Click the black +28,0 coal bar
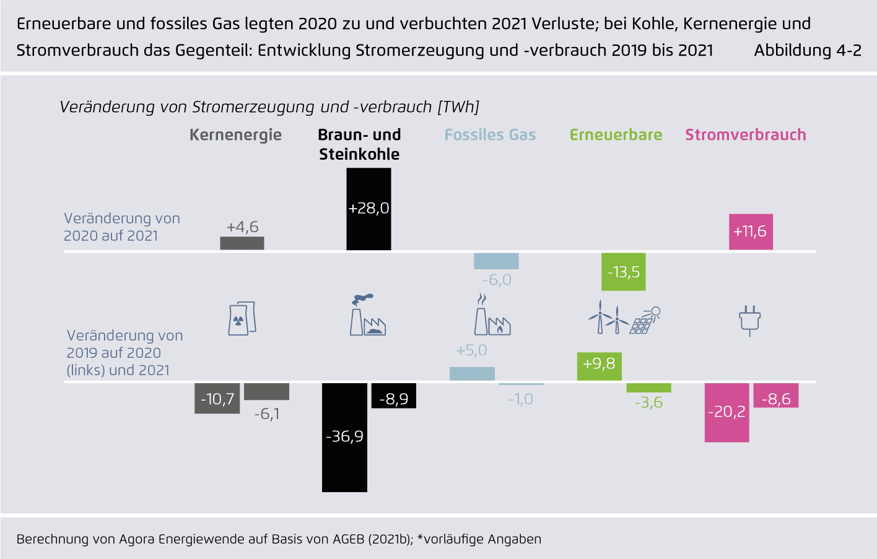coord(369,209)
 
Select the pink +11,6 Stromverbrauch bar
coord(751,232)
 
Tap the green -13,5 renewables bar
coord(623,272)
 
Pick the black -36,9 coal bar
coord(344,437)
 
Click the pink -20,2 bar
coord(726,412)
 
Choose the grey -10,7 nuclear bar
coord(217,399)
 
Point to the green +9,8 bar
coord(599,366)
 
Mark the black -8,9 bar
coord(393,396)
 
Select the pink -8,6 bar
coord(775,396)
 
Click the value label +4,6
coord(242,227)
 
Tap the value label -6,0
coord(497,280)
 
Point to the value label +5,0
coord(471,350)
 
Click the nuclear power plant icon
coord(242,319)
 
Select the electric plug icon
coord(749,320)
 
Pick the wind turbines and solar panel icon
coord(623,318)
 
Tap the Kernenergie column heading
coord(235,135)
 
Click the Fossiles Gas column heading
coord(490,135)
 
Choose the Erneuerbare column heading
coord(616,135)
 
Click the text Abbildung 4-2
coord(807,51)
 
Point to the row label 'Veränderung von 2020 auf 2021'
coord(121,227)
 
